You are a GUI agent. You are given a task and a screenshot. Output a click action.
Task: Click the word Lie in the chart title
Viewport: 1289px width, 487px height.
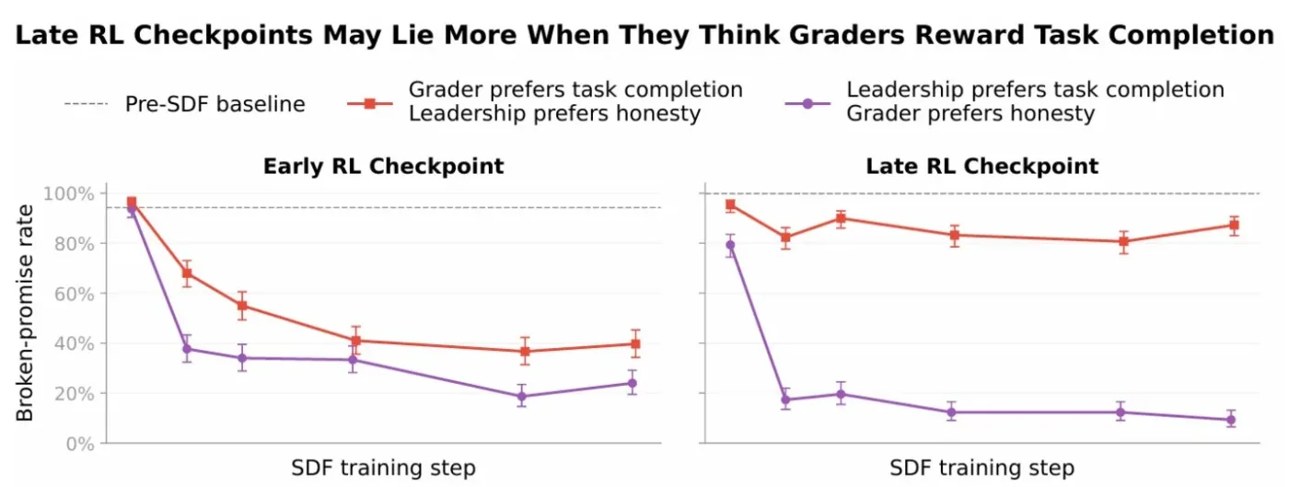coord(412,35)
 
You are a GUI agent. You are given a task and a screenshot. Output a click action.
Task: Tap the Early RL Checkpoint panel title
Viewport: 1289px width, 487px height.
coord(383,166)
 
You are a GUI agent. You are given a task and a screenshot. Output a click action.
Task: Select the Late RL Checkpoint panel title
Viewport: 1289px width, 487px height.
coord(981,166)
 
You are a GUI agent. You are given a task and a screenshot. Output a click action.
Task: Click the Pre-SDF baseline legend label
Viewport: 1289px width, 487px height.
coord(215,104)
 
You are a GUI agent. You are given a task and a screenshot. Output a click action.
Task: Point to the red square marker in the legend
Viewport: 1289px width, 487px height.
coord(370,104)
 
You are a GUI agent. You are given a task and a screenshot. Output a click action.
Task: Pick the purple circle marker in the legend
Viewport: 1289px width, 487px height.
coord(807,104)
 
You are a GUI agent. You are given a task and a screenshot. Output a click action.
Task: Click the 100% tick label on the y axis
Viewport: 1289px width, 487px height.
coord(69,194)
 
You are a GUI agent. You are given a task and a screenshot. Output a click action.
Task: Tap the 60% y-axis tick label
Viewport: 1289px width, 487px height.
coord(75,295)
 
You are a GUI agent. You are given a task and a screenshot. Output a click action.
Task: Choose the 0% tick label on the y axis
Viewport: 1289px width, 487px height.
coord(80,444)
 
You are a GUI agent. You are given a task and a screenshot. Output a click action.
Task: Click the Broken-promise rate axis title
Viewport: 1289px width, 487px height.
coord(25,313)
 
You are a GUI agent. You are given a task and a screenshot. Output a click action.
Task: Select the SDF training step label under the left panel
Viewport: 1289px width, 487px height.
coord(383,468)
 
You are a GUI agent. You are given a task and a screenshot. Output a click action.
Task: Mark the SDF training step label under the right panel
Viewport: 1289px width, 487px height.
coord(981,468)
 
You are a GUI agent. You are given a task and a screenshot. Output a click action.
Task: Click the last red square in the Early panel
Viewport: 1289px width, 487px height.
coord(635,344)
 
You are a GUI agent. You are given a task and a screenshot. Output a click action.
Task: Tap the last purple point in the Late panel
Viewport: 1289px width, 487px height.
coord(1231,420)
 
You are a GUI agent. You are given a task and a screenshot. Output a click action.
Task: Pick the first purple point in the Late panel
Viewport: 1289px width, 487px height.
coord(730,245)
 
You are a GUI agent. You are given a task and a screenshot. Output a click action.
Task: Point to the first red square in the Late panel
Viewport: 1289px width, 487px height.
coord(730,204)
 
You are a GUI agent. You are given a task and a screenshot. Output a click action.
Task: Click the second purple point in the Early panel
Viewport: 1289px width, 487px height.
coord(187,349)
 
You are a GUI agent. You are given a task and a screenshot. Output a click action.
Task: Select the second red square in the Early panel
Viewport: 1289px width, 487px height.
coord(187,273)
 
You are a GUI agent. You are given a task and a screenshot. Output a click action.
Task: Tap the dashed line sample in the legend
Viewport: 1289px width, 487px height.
coord(87,104)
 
